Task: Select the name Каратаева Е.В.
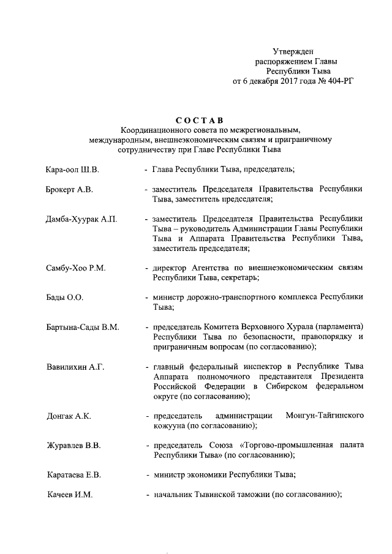click(74, 474)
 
